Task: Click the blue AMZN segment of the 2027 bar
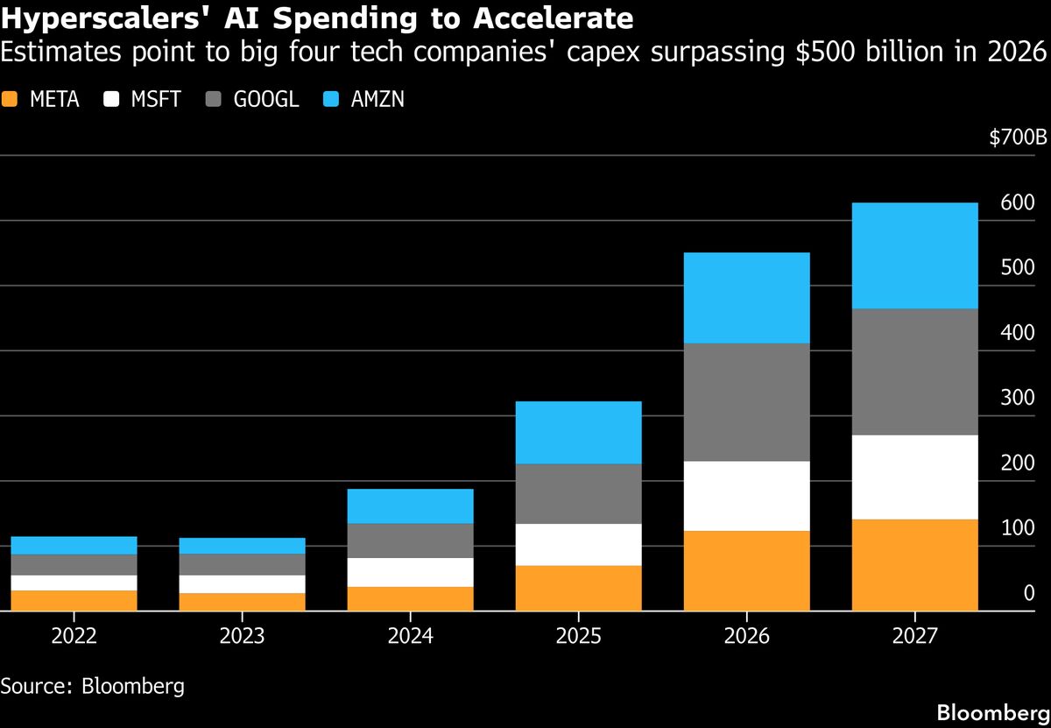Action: (x=914, y=256)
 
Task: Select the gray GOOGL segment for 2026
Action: (x=746, y=402)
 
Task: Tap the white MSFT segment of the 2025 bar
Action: (x=578, y=545)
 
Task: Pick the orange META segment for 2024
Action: (x=410, y=598)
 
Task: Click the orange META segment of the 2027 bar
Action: (x=914, y=565)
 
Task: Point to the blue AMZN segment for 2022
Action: (x=74, y=545)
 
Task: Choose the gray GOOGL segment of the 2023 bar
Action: (x=242, y=564)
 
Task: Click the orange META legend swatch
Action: (x=11, y=99)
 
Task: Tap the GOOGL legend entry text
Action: (x=266, y=99)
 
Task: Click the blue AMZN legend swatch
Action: (x=332, y=99)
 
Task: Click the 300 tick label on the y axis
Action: (x=1017, y=398)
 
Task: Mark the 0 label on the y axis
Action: (x=1029, y=593)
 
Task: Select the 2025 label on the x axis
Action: (x=578, y=635)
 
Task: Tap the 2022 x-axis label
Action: (x=74, y=635)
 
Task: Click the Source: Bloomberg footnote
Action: (x=92, y=685)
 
